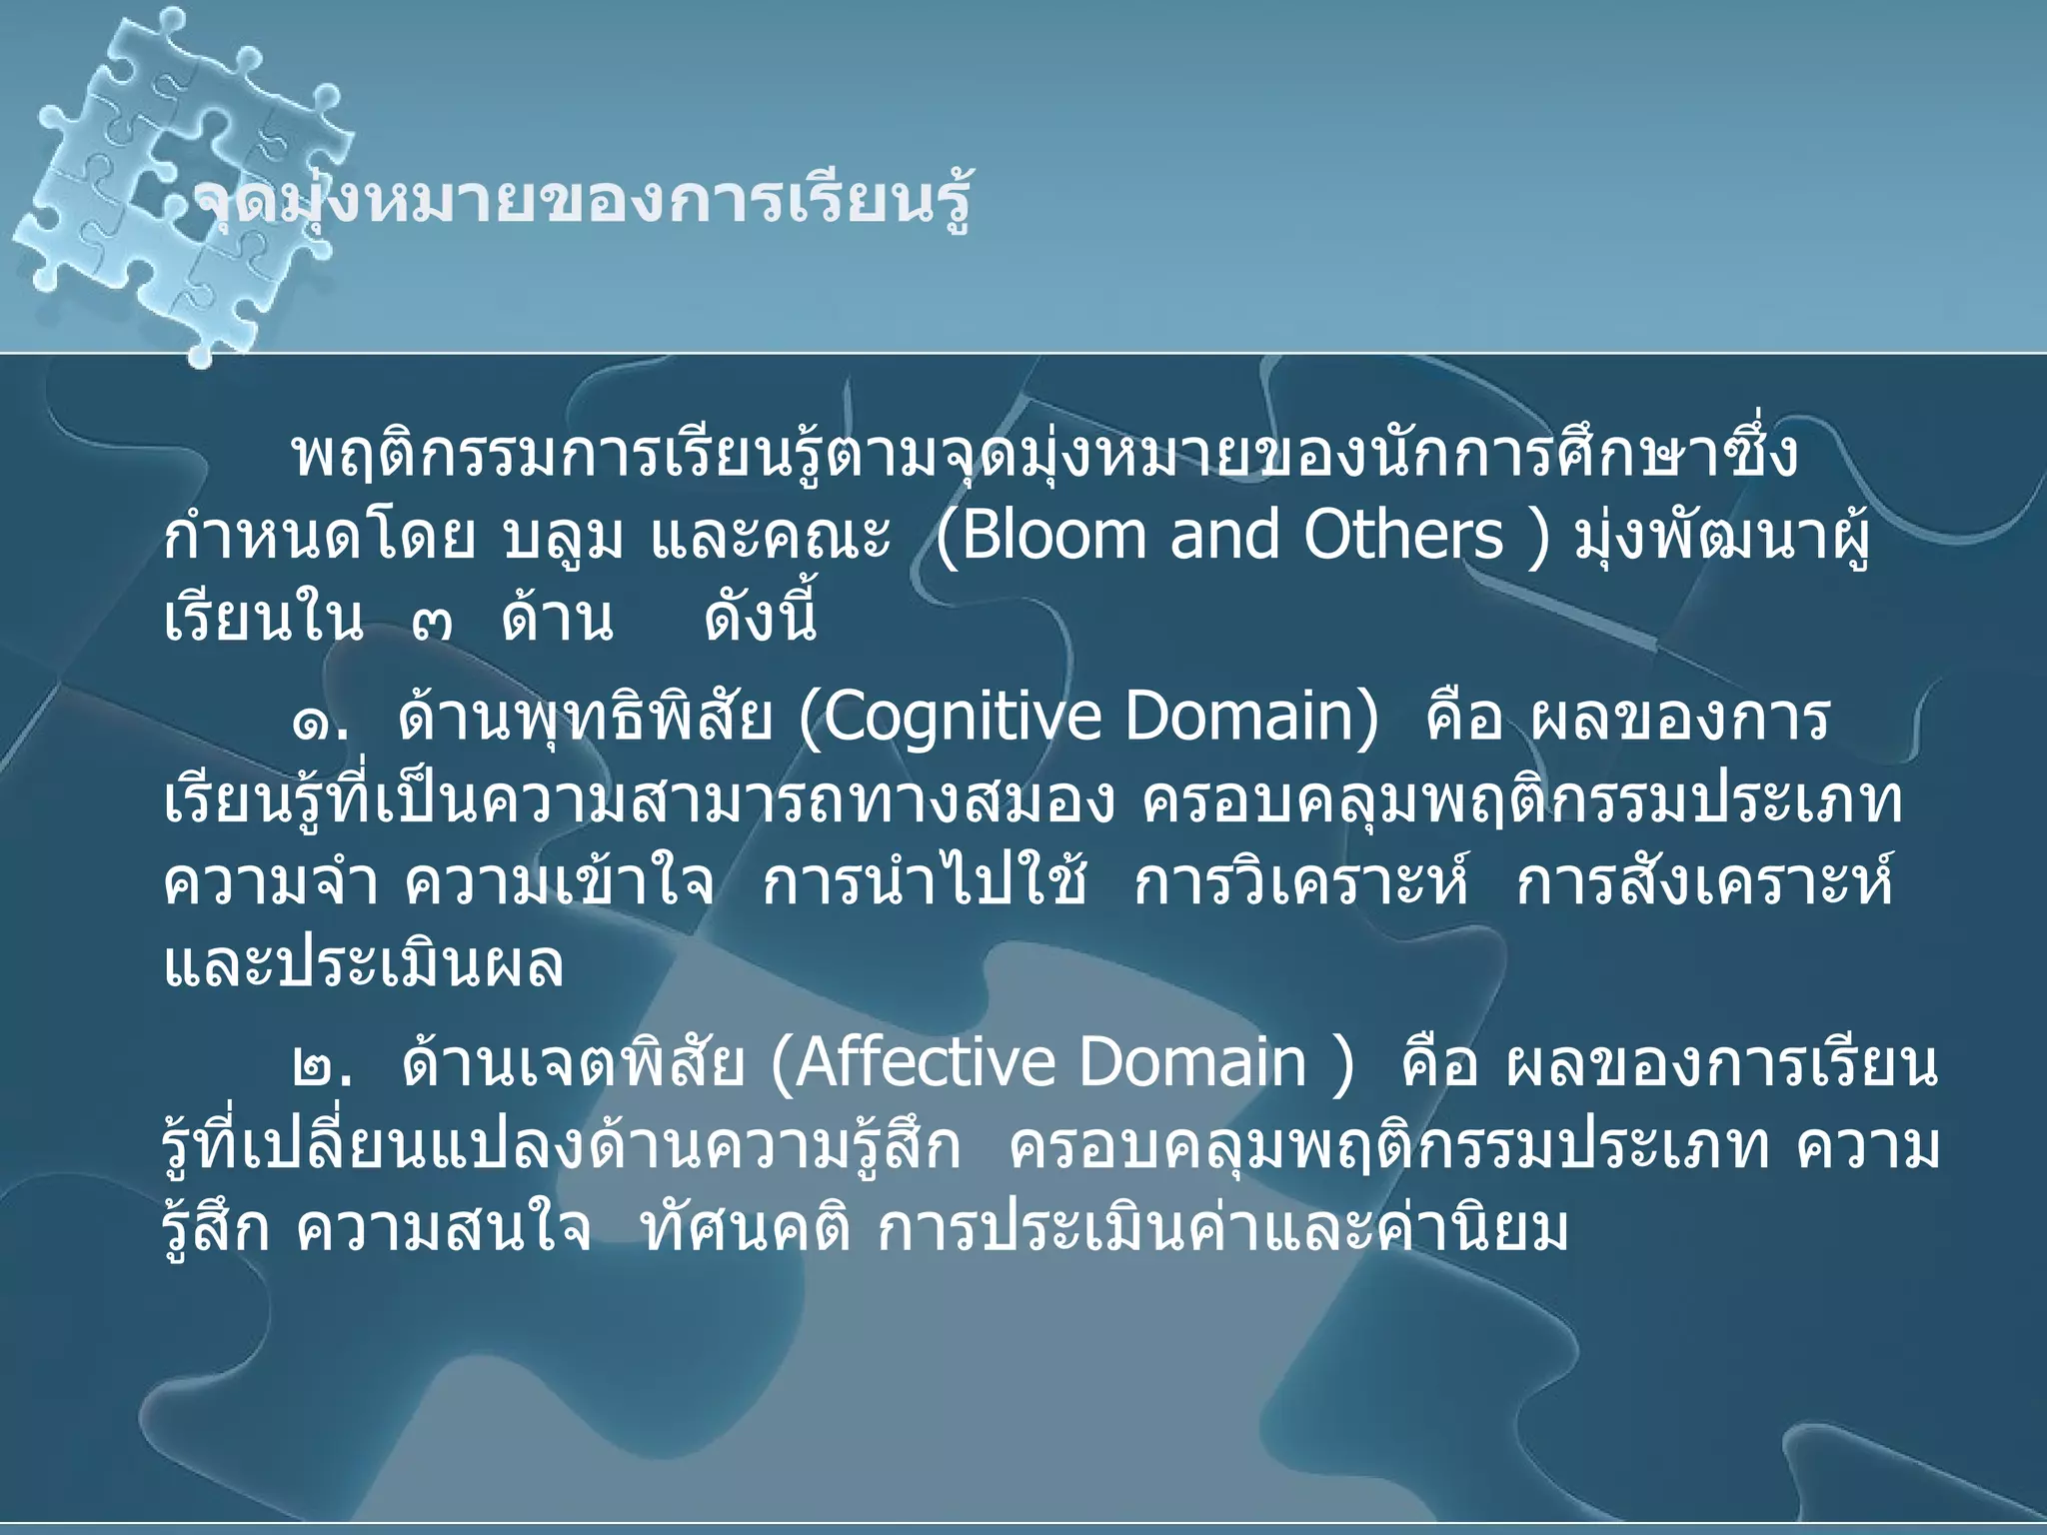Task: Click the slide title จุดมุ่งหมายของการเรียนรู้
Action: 580,203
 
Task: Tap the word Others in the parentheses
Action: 1403,536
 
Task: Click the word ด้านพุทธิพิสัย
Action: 585,718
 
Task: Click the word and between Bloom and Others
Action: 1224,536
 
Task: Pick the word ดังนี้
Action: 761,618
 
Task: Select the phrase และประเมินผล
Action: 364,965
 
